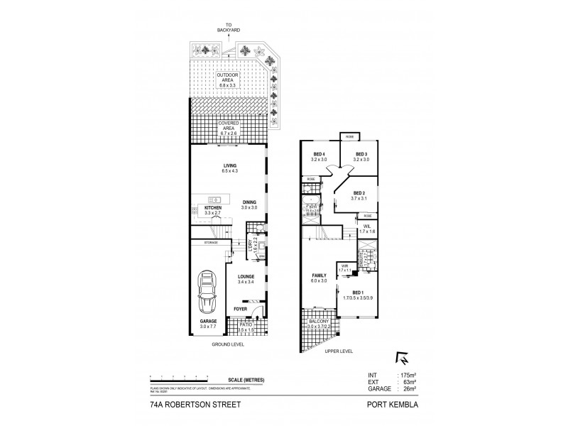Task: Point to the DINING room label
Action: [x=248, y=201]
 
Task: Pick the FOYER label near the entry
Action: [x=241, y=310]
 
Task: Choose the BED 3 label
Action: [x=361, y=154]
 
